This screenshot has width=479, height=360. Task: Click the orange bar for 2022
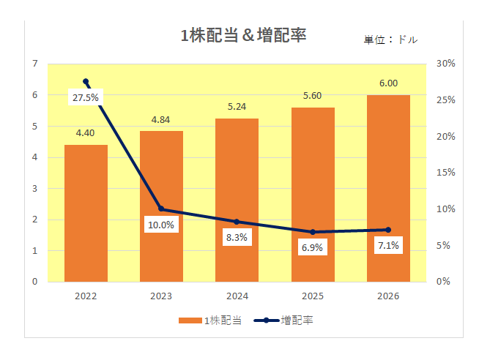coord(86,213)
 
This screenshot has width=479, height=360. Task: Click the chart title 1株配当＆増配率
coord(243,35)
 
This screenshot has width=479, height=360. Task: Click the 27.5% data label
coord(84,97)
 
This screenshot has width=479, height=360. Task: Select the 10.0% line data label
coord(160,225)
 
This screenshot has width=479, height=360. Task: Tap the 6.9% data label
coord(312,247)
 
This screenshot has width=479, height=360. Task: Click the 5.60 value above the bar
coord(312,95)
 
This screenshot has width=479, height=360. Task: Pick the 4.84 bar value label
coord(161,119)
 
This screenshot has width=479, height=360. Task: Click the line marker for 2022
coord(86,81)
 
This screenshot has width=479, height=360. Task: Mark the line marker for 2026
coord(388,230)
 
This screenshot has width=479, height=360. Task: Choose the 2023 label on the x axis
coord(161,296)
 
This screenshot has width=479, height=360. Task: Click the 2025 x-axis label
coord(312,296)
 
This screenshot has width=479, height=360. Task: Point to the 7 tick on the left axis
coord(34,64)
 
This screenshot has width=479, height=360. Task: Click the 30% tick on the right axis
coord(445,64)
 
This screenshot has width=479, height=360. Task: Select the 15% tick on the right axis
coord(445,173)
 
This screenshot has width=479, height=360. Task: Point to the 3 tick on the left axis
coord(34,188)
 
